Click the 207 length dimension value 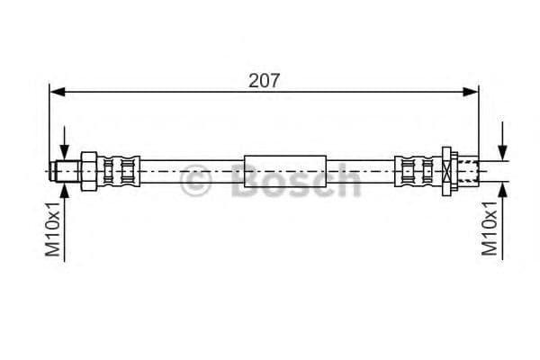[264, 81]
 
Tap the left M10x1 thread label [53, 229]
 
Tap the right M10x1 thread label [489, 229]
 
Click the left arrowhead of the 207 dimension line [58, 92]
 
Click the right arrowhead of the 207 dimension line [471, 92]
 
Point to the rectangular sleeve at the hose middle [284, 171]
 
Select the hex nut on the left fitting [89, 171]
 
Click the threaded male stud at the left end [65, 171]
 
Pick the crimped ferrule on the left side [119, 171]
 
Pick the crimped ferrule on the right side [418, 171]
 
